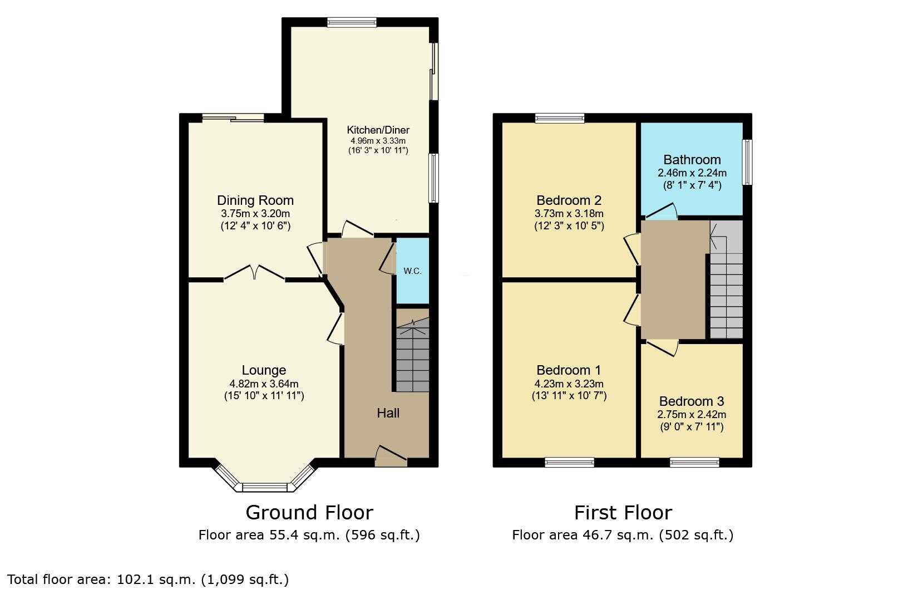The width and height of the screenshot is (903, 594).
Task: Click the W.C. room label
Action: [412, 271]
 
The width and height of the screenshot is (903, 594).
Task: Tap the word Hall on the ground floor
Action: [388, 413]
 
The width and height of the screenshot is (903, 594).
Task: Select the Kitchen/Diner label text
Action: [378, 130]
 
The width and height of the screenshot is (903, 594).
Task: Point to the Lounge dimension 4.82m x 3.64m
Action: [264, 384]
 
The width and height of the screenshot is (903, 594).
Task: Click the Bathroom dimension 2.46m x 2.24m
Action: [692, 173]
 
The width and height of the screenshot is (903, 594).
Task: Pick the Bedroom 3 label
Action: [692, 401]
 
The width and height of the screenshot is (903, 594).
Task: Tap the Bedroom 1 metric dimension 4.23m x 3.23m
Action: [569, 384]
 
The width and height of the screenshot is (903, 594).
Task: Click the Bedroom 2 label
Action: [569, 200]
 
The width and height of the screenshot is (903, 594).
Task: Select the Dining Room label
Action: [255, 200]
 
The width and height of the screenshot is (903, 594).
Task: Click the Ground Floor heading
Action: [309, 513]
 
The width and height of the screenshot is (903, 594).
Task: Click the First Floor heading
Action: [623, 513]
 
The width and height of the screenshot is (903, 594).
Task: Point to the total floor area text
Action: [148, 580]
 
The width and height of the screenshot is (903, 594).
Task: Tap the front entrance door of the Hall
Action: [391, 457]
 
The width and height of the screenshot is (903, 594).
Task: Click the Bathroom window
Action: [747, 162]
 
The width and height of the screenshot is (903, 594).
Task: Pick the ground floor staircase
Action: [412, 355]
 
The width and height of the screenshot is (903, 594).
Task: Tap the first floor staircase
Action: [726, 279]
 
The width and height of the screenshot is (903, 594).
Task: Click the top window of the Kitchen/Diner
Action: [352, 22]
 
